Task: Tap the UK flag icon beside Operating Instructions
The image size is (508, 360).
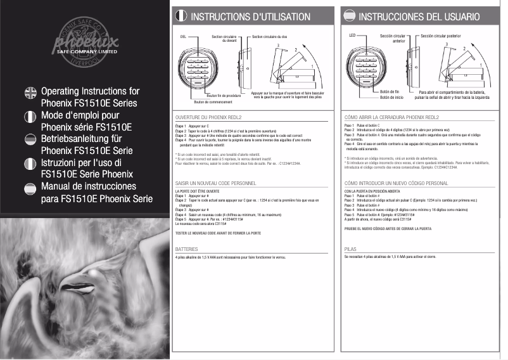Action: (x=29, y=93)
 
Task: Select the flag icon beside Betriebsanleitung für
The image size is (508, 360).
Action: (x=29, y=139)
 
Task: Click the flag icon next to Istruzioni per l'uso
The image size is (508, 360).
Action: (x=29, y=164)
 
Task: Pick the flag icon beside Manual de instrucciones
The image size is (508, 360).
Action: (x=29, y=187)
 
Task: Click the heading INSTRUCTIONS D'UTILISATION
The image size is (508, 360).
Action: (x=251, y=16)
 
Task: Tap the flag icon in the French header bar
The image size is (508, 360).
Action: (x=181, y=16)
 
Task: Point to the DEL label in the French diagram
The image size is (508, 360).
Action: (x=183, y=37)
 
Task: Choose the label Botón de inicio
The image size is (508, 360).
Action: (x=391, y=98)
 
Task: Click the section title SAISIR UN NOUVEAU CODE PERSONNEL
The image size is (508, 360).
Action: (x=215, y=183)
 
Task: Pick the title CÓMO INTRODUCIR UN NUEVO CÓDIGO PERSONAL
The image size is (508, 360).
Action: (x=396, y=183)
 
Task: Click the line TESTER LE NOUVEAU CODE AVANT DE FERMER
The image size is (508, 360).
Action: (x=217, y=233)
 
